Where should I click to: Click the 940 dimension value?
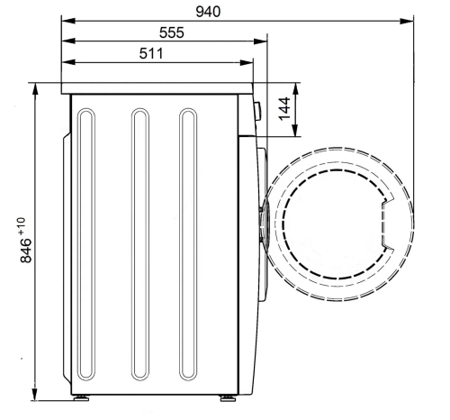[208, 12]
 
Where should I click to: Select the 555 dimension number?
[172, 32]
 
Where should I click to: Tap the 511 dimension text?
[151, 53]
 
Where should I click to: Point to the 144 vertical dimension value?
[284, 108]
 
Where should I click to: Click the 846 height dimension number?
[26, 251]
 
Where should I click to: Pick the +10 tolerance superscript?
[22, 226]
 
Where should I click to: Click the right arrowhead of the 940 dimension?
[407, 21]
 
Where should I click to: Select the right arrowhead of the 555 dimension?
[260, 41]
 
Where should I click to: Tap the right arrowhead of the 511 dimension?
[247, 63]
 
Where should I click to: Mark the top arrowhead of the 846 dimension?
[35, 89]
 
